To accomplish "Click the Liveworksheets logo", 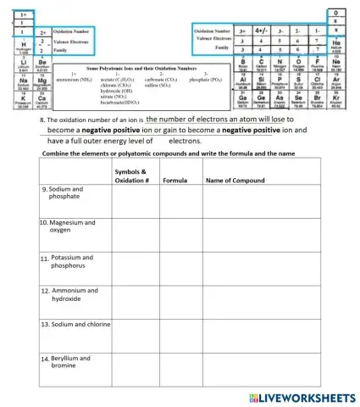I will [301, 396].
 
